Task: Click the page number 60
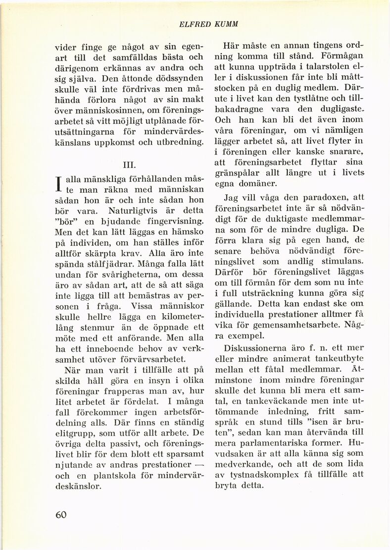pyautogui.click(x=61, y=514)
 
